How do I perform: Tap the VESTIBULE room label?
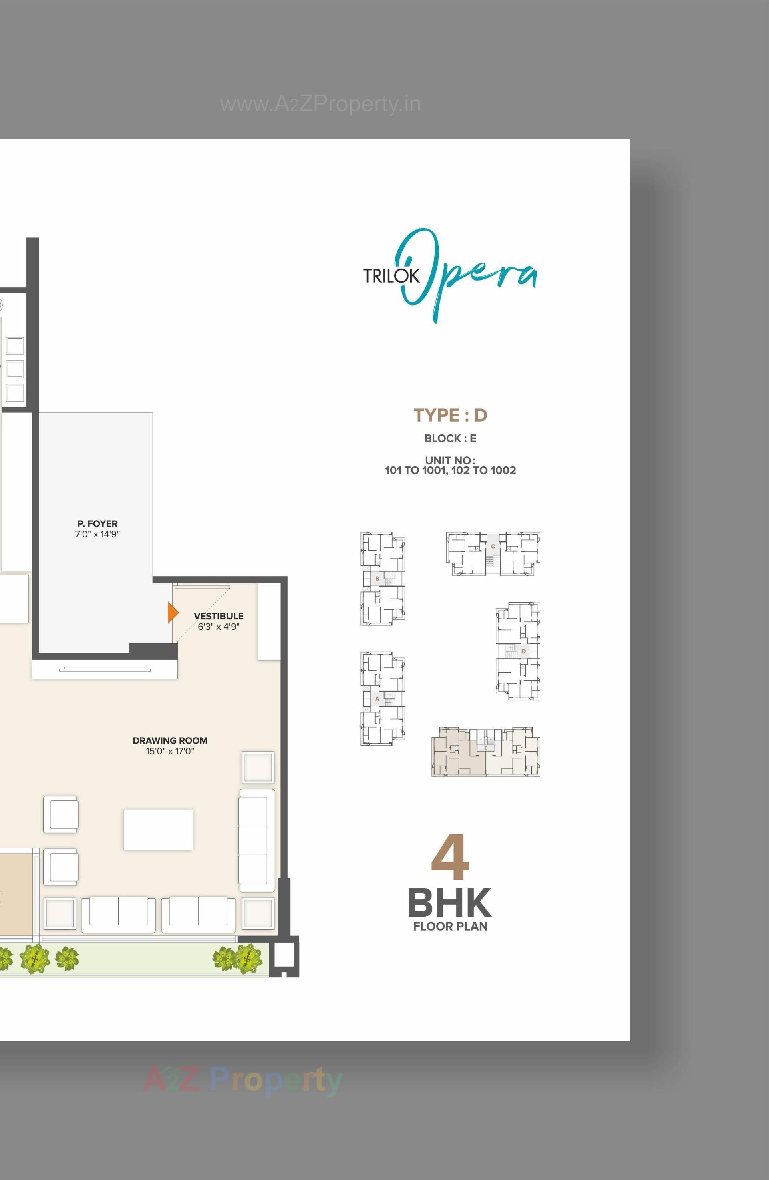[x=218, y=616]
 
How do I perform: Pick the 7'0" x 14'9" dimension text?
[x=97, y=534]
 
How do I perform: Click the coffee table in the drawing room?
[x=158, y=830]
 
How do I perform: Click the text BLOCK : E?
[x=450, y=438]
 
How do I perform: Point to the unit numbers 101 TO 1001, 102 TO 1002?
[x=450, y=470]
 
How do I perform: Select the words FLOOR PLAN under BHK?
[x=450, y=926]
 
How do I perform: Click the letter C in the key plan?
[x=493, y=547]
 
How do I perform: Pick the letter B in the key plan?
[x=377, y=579]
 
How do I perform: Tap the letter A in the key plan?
[x=377, y=699]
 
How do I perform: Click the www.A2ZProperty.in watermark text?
[x=320, y=105]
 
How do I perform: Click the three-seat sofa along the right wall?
[x=256, y=840]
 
